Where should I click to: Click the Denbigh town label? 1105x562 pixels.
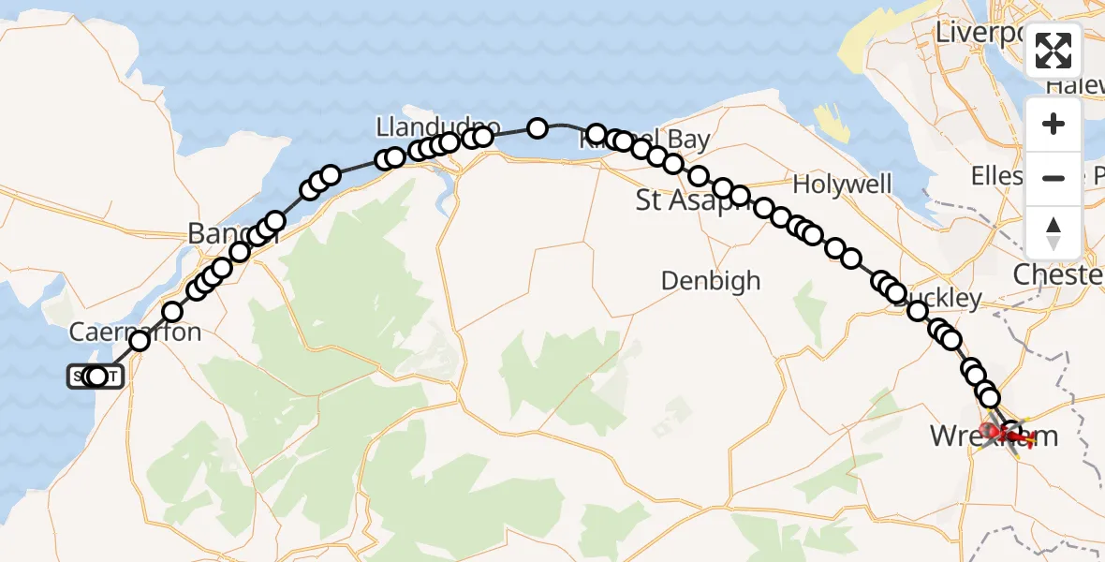click(710, 280)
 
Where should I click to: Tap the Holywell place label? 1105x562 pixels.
click(842, 184)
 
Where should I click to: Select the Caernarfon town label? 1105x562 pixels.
click(135, 333)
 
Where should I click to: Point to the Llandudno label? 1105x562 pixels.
click(437, 126)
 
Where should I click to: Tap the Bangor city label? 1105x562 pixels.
click(221, 233)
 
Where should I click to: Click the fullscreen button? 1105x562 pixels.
click(1053, 51)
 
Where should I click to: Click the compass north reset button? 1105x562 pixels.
click(1053, 231)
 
